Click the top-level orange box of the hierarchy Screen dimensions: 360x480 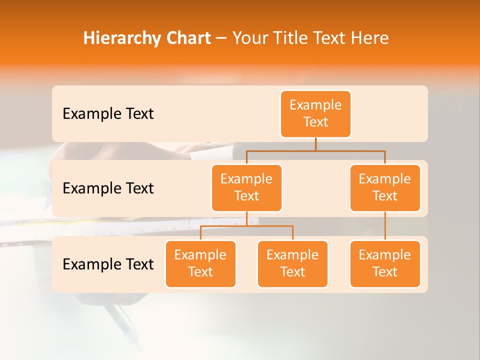pos(315,113)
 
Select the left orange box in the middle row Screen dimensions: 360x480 pos(246,187)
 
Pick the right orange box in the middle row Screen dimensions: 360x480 pos(385,187)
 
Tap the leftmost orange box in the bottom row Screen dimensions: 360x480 pos(200,263)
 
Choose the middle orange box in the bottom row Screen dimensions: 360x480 pos(292,263)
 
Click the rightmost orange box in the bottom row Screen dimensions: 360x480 pos(385,263)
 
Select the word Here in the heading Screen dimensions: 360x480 pos(369,38)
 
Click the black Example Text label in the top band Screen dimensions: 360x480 pos(108,114)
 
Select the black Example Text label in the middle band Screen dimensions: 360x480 pos(108,188)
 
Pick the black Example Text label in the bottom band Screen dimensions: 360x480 pos(108,264)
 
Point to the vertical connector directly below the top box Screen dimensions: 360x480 pos(315,144)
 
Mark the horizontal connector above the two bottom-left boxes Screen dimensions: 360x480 pos(246,226)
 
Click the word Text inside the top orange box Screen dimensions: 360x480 pos(315,122)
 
